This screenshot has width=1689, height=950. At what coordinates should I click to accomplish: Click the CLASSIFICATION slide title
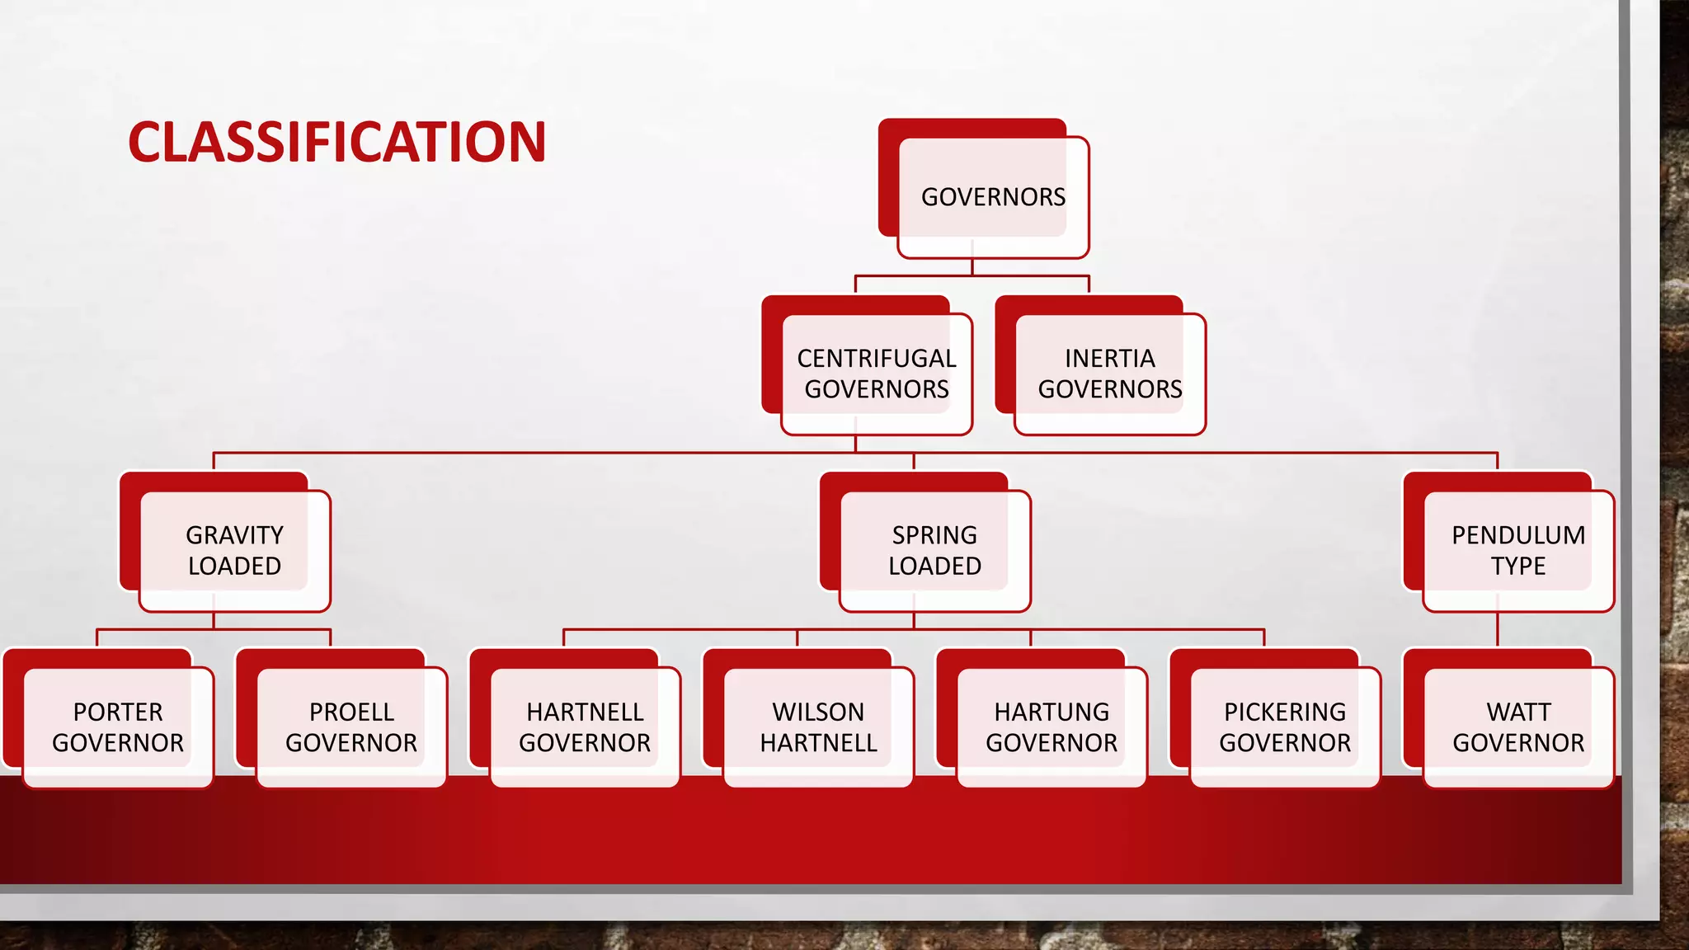point(336,142)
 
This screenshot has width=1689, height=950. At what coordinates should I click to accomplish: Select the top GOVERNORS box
point(993,197)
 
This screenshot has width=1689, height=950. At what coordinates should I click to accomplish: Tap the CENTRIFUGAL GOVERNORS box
point(877,374)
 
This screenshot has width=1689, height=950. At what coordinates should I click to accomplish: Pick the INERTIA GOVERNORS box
point(1110,374)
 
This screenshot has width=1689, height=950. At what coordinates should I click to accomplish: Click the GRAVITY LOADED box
point(234,550)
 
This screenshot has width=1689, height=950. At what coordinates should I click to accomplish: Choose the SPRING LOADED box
point(934,550)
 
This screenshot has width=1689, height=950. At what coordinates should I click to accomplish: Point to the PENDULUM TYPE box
point(1518,550)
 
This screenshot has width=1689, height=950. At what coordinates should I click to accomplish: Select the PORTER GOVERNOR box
point(118,727)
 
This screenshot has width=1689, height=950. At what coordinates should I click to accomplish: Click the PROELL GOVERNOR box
point(351,727)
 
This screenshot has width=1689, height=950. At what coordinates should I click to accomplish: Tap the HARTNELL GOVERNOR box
point(585,727)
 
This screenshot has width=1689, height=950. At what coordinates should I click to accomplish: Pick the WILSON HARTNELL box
point(818,727)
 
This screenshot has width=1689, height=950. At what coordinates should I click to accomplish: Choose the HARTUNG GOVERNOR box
point(1052,727)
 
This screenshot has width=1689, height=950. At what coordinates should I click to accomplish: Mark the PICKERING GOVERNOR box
point(1285,727)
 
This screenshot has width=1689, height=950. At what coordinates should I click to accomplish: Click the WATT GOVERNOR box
point(1518,727)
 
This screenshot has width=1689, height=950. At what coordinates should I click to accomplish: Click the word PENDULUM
point(1518,535)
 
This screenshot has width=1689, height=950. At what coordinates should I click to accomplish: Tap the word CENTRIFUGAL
point(877,359)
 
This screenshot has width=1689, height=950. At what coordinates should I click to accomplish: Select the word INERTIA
point(1110,359)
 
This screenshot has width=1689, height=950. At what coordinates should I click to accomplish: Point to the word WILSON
point(818,712)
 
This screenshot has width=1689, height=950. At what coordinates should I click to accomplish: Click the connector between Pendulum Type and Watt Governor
point(1498,631)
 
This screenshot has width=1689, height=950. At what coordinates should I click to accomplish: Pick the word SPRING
point(934,535)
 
